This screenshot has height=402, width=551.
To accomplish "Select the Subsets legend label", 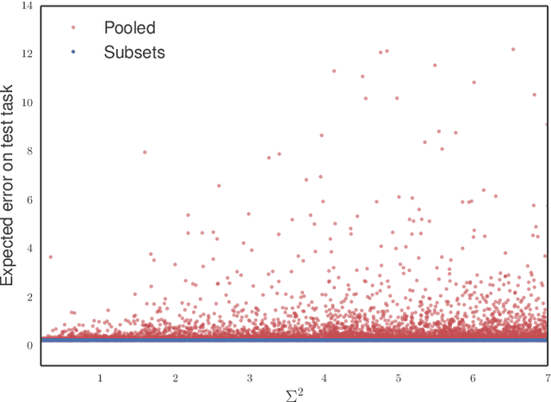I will (133, 52).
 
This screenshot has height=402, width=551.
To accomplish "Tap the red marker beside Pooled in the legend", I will (73, 27).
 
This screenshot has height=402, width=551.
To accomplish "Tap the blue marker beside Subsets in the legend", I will (73, 53).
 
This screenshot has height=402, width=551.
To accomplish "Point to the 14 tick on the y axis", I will (26, 6).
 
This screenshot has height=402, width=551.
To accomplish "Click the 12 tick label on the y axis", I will (26, 54).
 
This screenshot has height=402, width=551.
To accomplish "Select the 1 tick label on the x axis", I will (100, 378).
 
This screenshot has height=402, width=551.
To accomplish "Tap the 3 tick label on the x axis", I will (250, 378).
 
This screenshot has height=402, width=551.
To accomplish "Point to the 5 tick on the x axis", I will (399, 378).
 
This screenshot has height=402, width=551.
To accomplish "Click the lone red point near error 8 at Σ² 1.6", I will (145, 152).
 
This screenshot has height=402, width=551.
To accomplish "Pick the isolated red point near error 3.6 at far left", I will (50, 257).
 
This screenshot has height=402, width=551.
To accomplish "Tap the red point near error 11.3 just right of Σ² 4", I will (334, 71).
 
